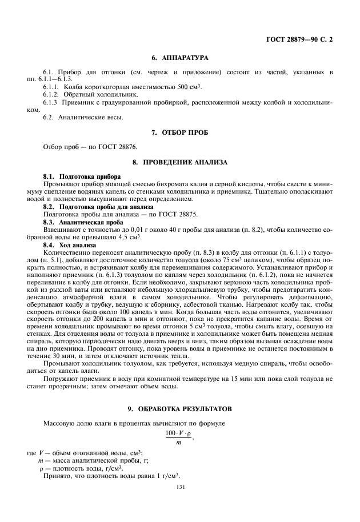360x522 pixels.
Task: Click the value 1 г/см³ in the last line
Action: click(x=166, y=475)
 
